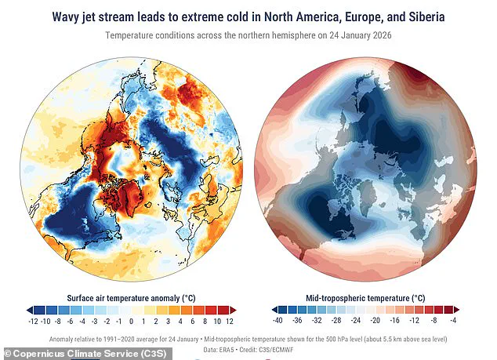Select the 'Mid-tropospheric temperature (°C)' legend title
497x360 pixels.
365,298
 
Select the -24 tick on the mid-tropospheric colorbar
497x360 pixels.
355,321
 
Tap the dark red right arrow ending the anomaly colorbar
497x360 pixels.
233,311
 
